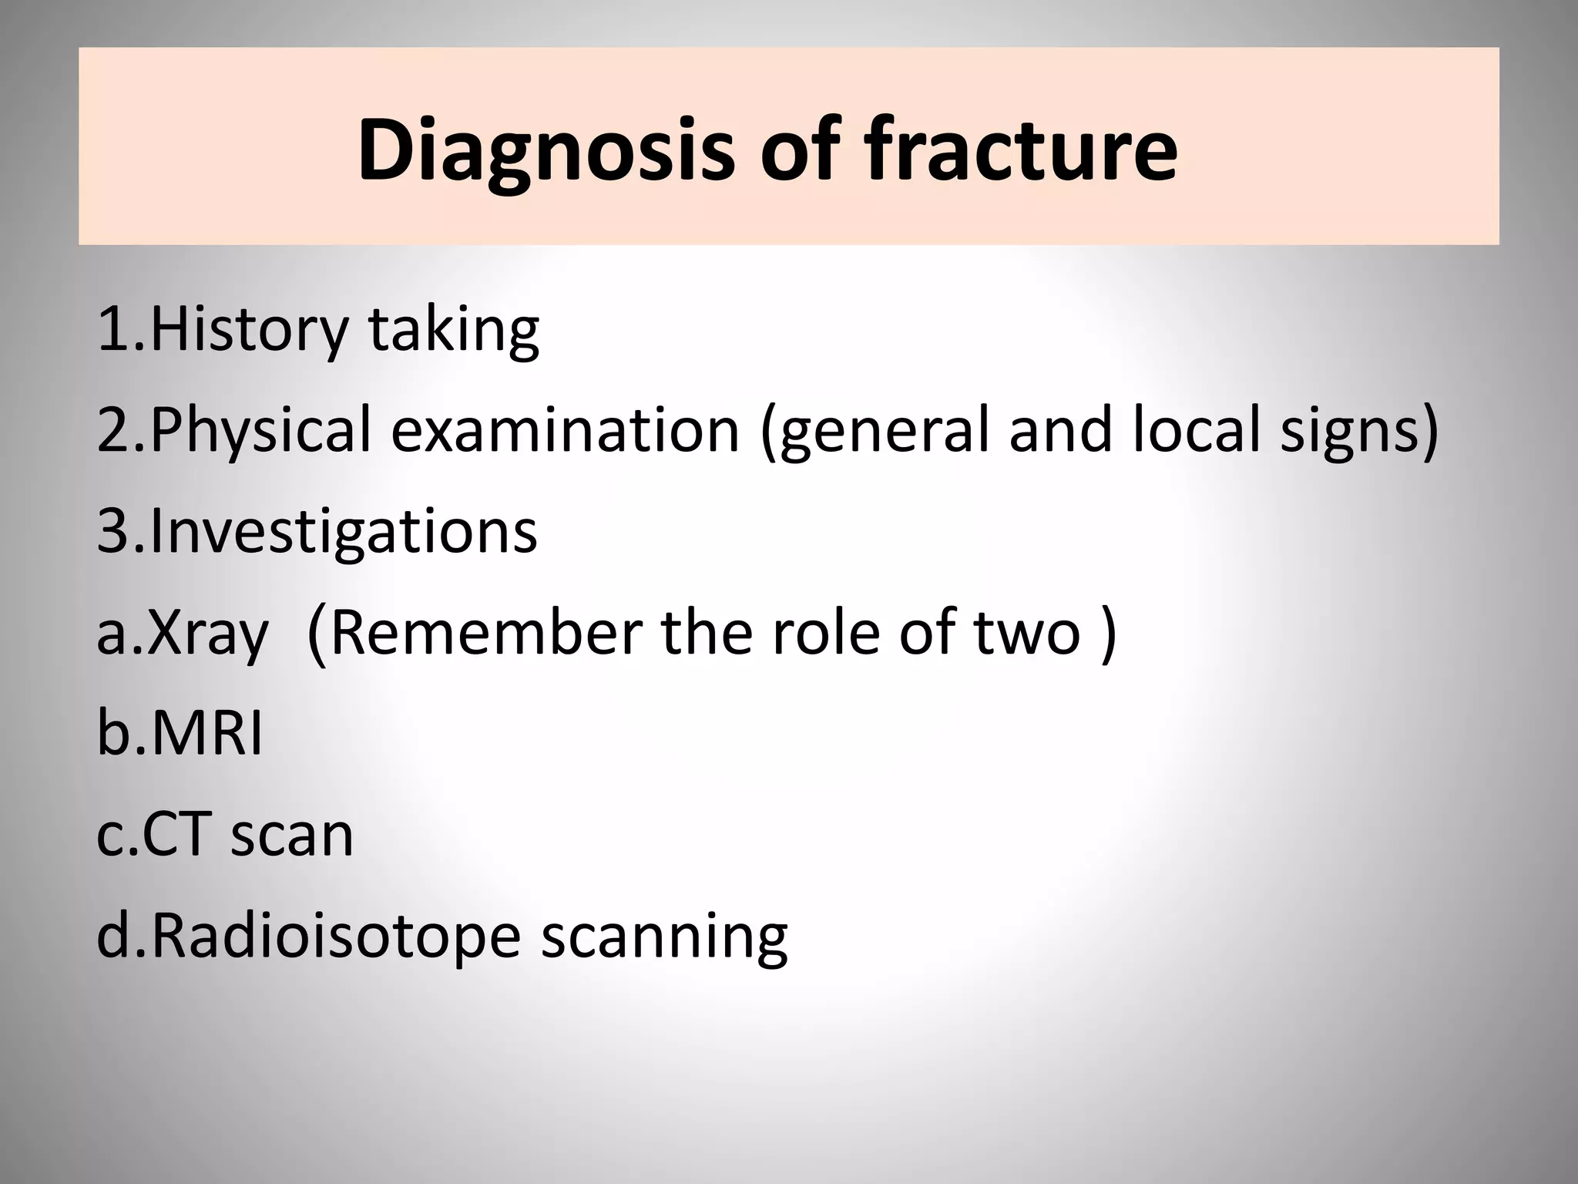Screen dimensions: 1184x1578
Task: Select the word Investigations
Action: tap(344, 532)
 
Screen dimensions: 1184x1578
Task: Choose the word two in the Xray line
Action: tap(1028, 632)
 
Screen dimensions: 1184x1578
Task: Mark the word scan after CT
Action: tap(292, 836)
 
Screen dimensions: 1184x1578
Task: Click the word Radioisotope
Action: tap(335, 936)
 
